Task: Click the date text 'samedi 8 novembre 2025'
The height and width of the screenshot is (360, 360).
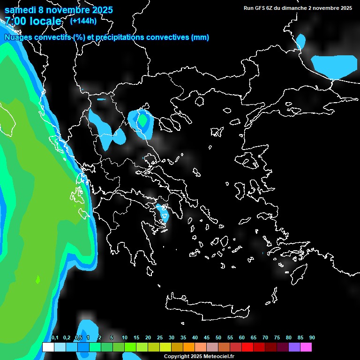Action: (x=59, y=10)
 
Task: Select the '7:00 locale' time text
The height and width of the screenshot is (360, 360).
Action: (x=33, y=22)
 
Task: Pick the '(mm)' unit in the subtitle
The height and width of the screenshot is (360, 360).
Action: (x=200, y=37)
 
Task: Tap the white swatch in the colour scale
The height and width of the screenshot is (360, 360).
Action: (x=48, y=347)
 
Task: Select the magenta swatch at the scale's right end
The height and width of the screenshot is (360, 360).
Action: (x=306, y=347)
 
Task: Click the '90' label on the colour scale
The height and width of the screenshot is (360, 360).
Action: (x=312, y=338)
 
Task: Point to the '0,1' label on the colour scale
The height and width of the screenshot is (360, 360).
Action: (x=55, y=338)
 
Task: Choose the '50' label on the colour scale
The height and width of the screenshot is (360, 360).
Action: (x=218, y=338)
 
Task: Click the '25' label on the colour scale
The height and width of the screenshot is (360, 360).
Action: (x=160, y=338)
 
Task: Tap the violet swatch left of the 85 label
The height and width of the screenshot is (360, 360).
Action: (x=294, y=347)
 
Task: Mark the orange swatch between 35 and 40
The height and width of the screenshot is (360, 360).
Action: (x=189, y=347)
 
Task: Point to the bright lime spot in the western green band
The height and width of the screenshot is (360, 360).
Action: (x=38, y=280)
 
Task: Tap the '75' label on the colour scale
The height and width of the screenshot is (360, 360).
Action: (x=277, y=338)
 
